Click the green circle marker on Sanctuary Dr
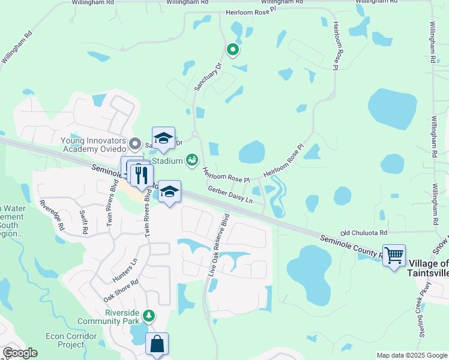tap(232, 49)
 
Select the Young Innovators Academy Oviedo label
tap(93, 145)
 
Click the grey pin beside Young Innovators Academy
tap(135, 144)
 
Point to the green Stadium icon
tap(191, 160)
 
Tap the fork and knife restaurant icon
tap(142, 175)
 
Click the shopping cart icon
tap(394, 256)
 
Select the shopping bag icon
tap(157, 344)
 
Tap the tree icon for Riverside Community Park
tap(149, 315)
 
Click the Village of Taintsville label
tap(429, 268)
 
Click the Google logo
tap(20, 352)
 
